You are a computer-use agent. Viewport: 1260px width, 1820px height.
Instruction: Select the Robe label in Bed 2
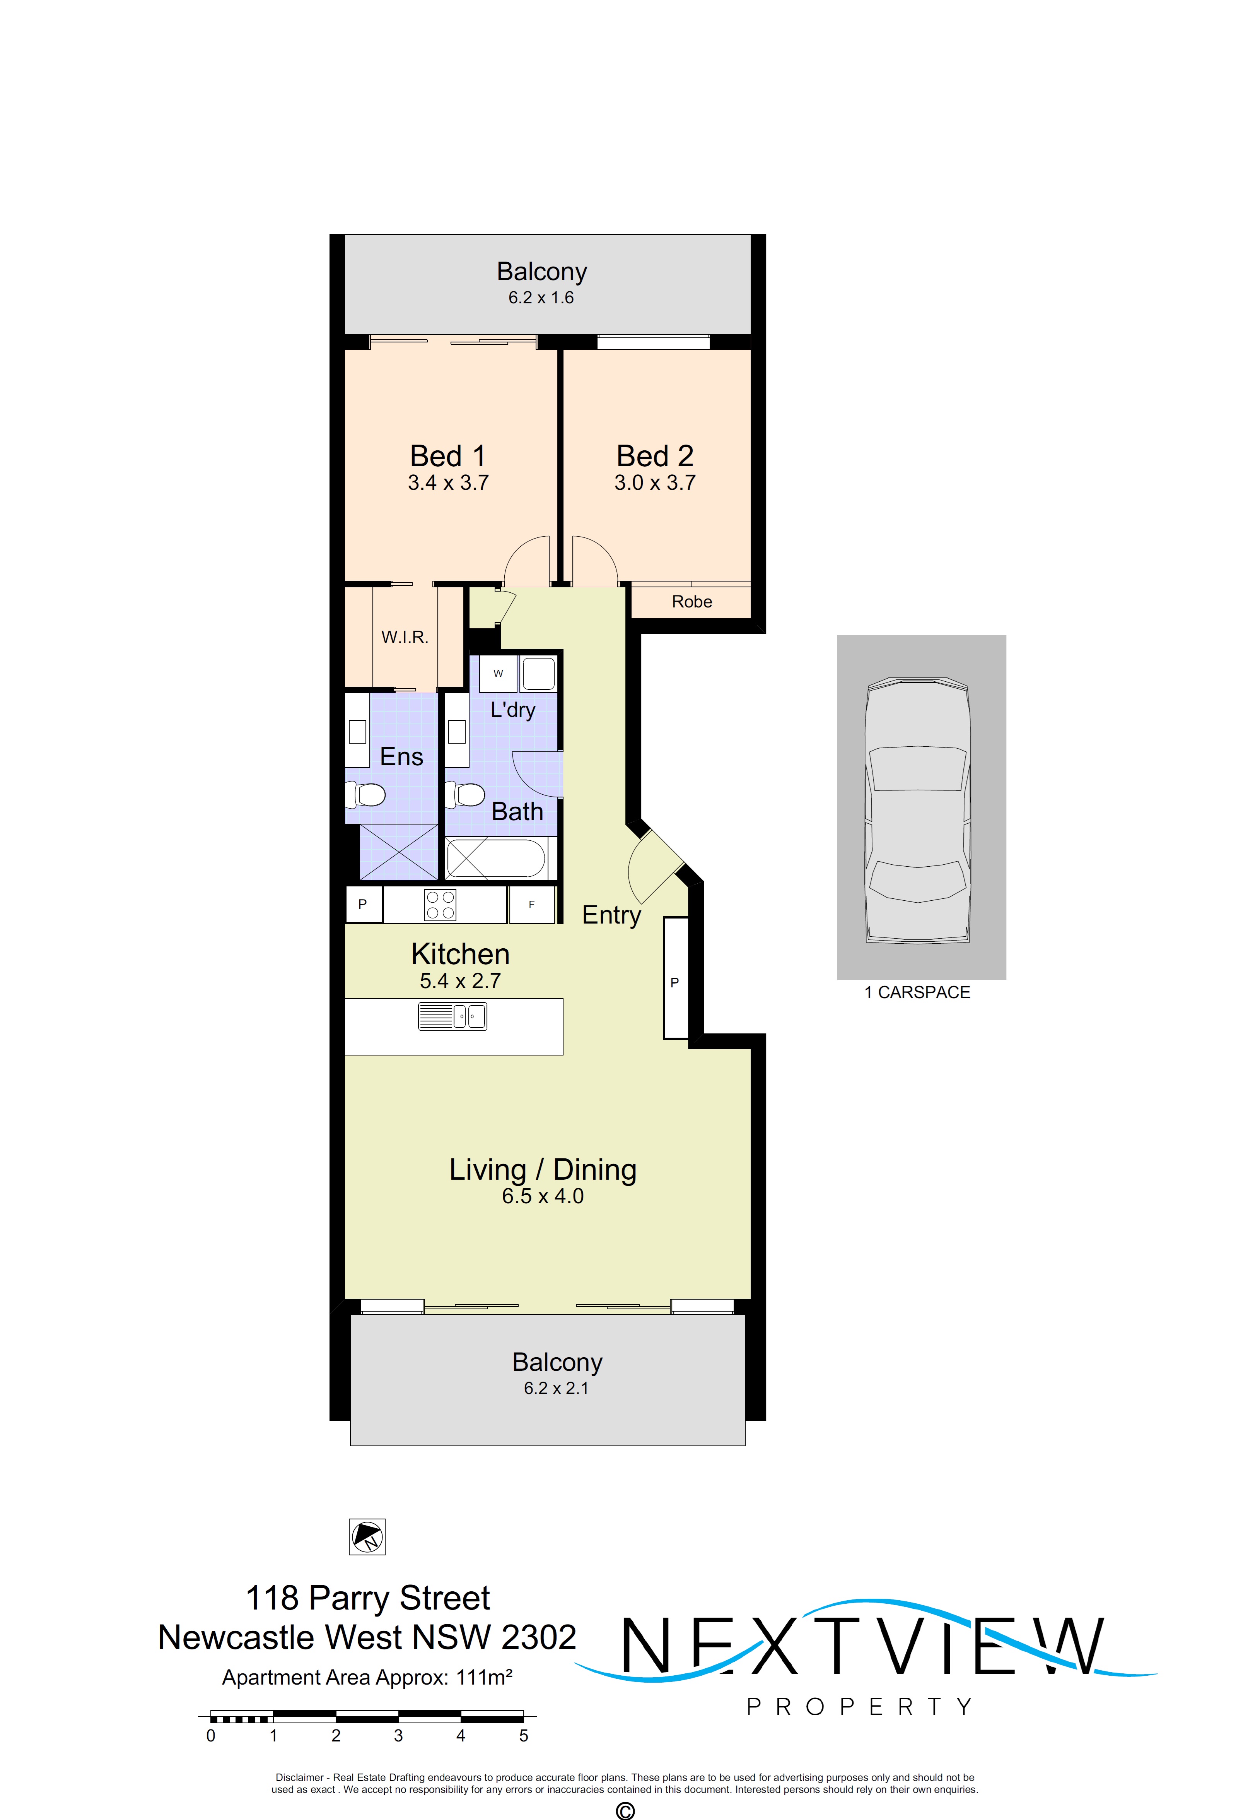pos(691,602)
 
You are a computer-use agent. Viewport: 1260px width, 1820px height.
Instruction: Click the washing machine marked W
pos(498,674)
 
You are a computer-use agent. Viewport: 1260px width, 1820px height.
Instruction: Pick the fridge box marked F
pos(531,905)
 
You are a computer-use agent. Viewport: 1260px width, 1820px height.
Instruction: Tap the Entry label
pos(611,915)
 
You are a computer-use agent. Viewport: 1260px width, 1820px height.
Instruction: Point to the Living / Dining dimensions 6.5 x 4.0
pos(542,1196)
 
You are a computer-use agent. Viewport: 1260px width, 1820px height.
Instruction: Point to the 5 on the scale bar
pos(523,1736)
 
